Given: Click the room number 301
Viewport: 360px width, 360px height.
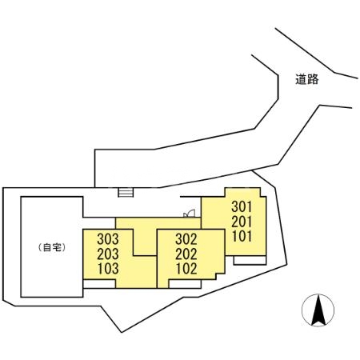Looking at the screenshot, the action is coord(242,206).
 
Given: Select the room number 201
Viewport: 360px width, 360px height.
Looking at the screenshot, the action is coord(242,222).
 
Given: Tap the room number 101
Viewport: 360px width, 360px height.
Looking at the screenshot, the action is coord(242,236).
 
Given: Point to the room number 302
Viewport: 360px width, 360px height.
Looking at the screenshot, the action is coord(186,239).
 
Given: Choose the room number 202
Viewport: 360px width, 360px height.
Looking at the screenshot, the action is coord(186,254).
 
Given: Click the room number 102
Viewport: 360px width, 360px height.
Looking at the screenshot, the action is coord(186,269).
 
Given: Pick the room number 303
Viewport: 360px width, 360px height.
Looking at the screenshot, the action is coord(108,239).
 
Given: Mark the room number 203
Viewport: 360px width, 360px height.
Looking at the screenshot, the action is coord(108,254).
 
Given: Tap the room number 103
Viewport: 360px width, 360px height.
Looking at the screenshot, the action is coord(108,269).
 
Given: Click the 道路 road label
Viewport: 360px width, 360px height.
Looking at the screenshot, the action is coord(307,79).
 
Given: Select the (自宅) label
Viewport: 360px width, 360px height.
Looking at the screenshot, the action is coord(52,248).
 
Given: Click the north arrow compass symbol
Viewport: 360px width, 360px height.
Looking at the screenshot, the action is coord(318,310).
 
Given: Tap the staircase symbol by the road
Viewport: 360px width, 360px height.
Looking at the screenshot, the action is coord(126,193).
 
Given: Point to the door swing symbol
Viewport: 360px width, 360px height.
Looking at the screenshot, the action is coord(190,214).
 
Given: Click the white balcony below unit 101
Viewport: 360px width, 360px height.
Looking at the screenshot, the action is coord(250,260).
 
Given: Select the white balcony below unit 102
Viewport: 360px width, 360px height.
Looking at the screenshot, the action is coord(185,284).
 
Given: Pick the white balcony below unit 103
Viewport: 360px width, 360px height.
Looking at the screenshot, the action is coord(99,284).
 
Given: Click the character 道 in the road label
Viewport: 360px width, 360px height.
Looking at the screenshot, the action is coord(301,79).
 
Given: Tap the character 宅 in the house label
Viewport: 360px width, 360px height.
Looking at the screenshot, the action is coord(55,248).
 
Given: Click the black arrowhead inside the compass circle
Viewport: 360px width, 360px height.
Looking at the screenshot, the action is coord(318,310).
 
